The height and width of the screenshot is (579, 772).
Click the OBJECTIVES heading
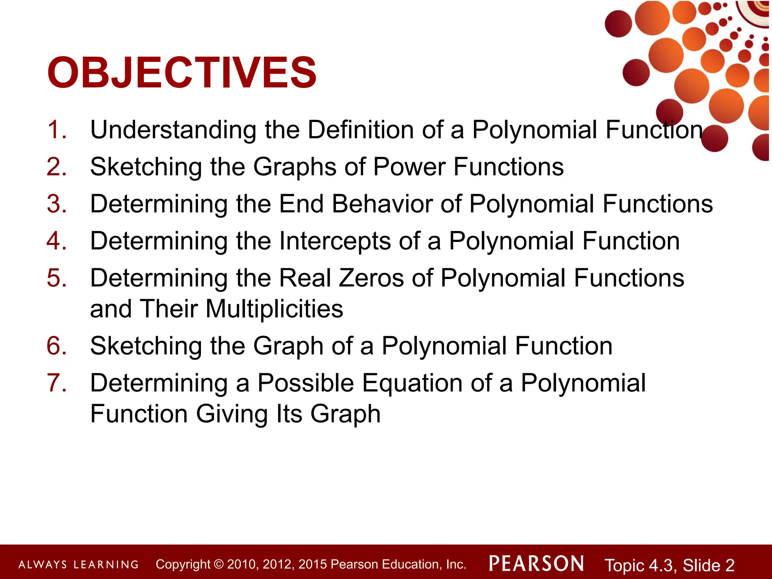pos(182,73)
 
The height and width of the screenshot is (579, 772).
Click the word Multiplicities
pos(274,309)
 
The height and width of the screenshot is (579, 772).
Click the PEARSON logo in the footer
pos(536,564)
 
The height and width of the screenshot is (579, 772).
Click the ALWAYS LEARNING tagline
pos(78,565)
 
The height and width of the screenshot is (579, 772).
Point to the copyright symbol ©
pos(218,564)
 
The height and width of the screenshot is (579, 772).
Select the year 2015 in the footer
pos(312,564)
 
